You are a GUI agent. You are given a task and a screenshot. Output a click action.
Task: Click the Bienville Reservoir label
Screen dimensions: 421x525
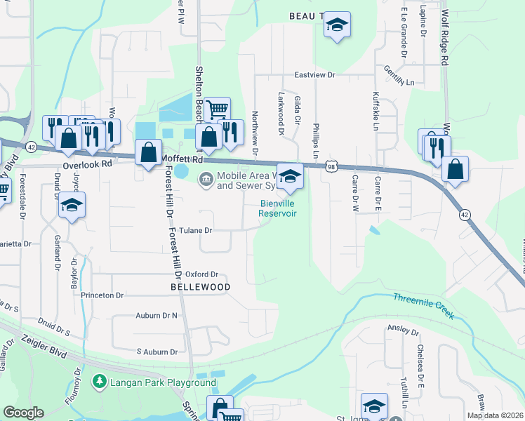point(278,208)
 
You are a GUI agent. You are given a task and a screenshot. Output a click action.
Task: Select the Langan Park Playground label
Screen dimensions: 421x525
point(161,382)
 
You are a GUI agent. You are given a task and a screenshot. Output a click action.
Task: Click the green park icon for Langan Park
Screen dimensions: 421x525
point(99,382)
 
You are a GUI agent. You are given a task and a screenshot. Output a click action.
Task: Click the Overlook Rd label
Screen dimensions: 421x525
point(87,163)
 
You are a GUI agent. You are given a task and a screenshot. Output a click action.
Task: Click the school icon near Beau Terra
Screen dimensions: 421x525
point(337,27)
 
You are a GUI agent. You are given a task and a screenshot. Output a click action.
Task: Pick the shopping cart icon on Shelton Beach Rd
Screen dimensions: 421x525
point(218,109)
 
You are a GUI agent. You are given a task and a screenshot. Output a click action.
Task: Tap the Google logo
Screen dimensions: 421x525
point(23,413)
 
